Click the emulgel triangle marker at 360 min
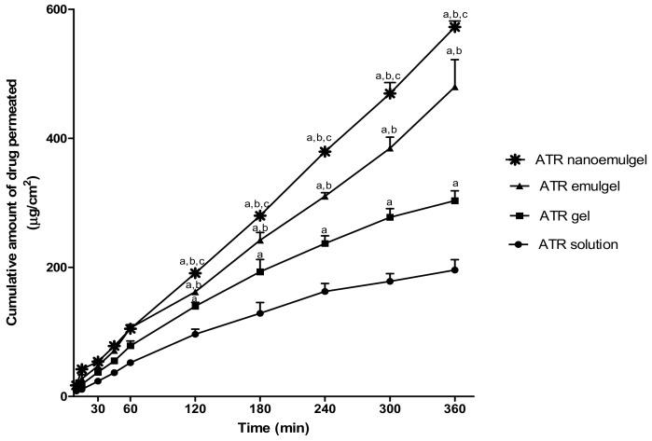click(x=454, y=87)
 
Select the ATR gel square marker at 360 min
click(x=454, y=200)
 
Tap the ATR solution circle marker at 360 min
click(x=454, y=269)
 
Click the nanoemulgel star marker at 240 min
click(x=325, y=151)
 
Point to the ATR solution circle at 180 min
click(x=260, y=312)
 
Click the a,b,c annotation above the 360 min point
click(x=454, y=13)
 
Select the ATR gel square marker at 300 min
click(x=390, y=216)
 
